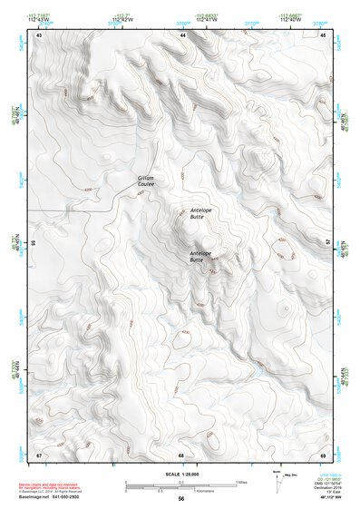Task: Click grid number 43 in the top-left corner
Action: coord(39,34)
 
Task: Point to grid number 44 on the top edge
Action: coord(183,34)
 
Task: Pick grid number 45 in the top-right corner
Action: coord(324,34)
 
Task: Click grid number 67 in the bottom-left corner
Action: coord(39,454)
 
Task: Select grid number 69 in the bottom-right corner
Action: coord(324,454)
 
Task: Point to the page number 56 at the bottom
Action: coord(181,499)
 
